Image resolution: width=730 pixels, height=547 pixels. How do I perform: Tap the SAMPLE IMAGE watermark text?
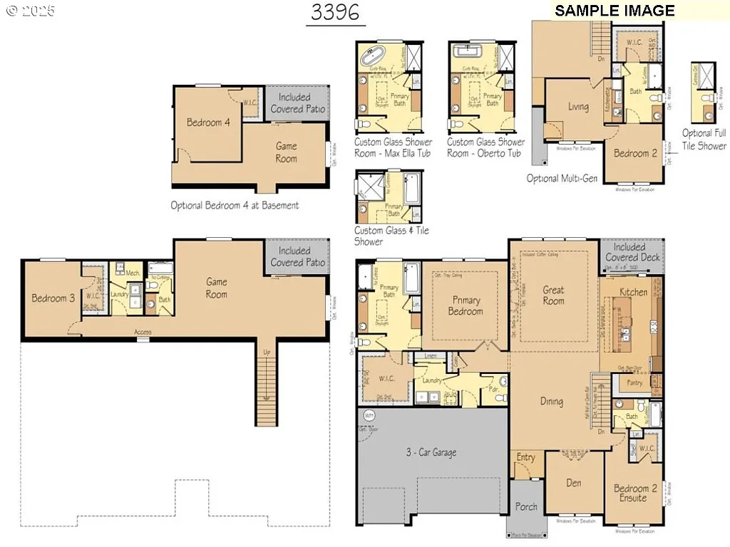point(615,11)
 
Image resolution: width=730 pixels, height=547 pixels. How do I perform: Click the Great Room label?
point(552,296)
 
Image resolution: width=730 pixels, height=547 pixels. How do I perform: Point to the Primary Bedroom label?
point(465,306)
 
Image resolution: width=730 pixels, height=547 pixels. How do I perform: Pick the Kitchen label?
point(633,292)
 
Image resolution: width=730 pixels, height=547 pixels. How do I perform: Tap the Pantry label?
point(634,382)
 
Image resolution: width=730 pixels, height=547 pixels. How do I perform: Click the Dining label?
point(551,401)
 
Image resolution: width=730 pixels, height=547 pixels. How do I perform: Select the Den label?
point(573,483)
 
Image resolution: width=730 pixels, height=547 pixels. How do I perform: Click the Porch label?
point(526,507)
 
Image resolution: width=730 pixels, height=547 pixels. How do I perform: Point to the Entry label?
point(525,457)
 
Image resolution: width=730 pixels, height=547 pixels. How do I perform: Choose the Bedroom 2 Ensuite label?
point(630,493)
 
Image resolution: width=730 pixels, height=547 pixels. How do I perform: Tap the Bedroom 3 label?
point(53,298)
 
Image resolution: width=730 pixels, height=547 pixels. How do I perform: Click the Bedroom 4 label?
point(208,123)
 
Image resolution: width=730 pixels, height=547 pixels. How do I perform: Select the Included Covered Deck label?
point(632,252)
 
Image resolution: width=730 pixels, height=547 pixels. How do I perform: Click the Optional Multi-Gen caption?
point(562,178)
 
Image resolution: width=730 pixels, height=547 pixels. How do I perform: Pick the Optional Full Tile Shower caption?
point(704,139)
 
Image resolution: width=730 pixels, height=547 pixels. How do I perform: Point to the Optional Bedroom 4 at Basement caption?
point(235,205)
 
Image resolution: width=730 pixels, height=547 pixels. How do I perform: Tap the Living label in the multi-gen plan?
point(578,108)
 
